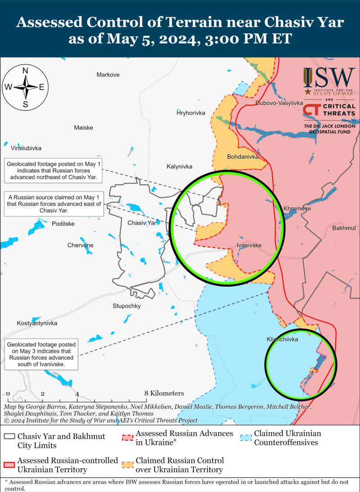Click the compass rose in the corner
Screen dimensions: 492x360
(26, 87)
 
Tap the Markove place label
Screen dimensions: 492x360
(108, 75)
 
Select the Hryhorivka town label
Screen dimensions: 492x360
(190, 113)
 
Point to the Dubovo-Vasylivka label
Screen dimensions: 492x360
(279, 103)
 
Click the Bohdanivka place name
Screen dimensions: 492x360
(243, 157)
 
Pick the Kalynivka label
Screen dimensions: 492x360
(179, 166)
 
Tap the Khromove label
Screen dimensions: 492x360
(297, 209)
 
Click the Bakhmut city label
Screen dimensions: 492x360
(344, 228)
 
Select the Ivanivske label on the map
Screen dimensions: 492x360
(249, 245)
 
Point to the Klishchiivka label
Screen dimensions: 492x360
(282, 340)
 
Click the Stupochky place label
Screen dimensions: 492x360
(126, 306)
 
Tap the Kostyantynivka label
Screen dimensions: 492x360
(37, 323)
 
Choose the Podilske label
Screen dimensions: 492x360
(63, 224)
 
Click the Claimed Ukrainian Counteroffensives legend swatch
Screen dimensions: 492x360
(245, 437)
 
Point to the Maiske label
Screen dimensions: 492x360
(83, 128)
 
